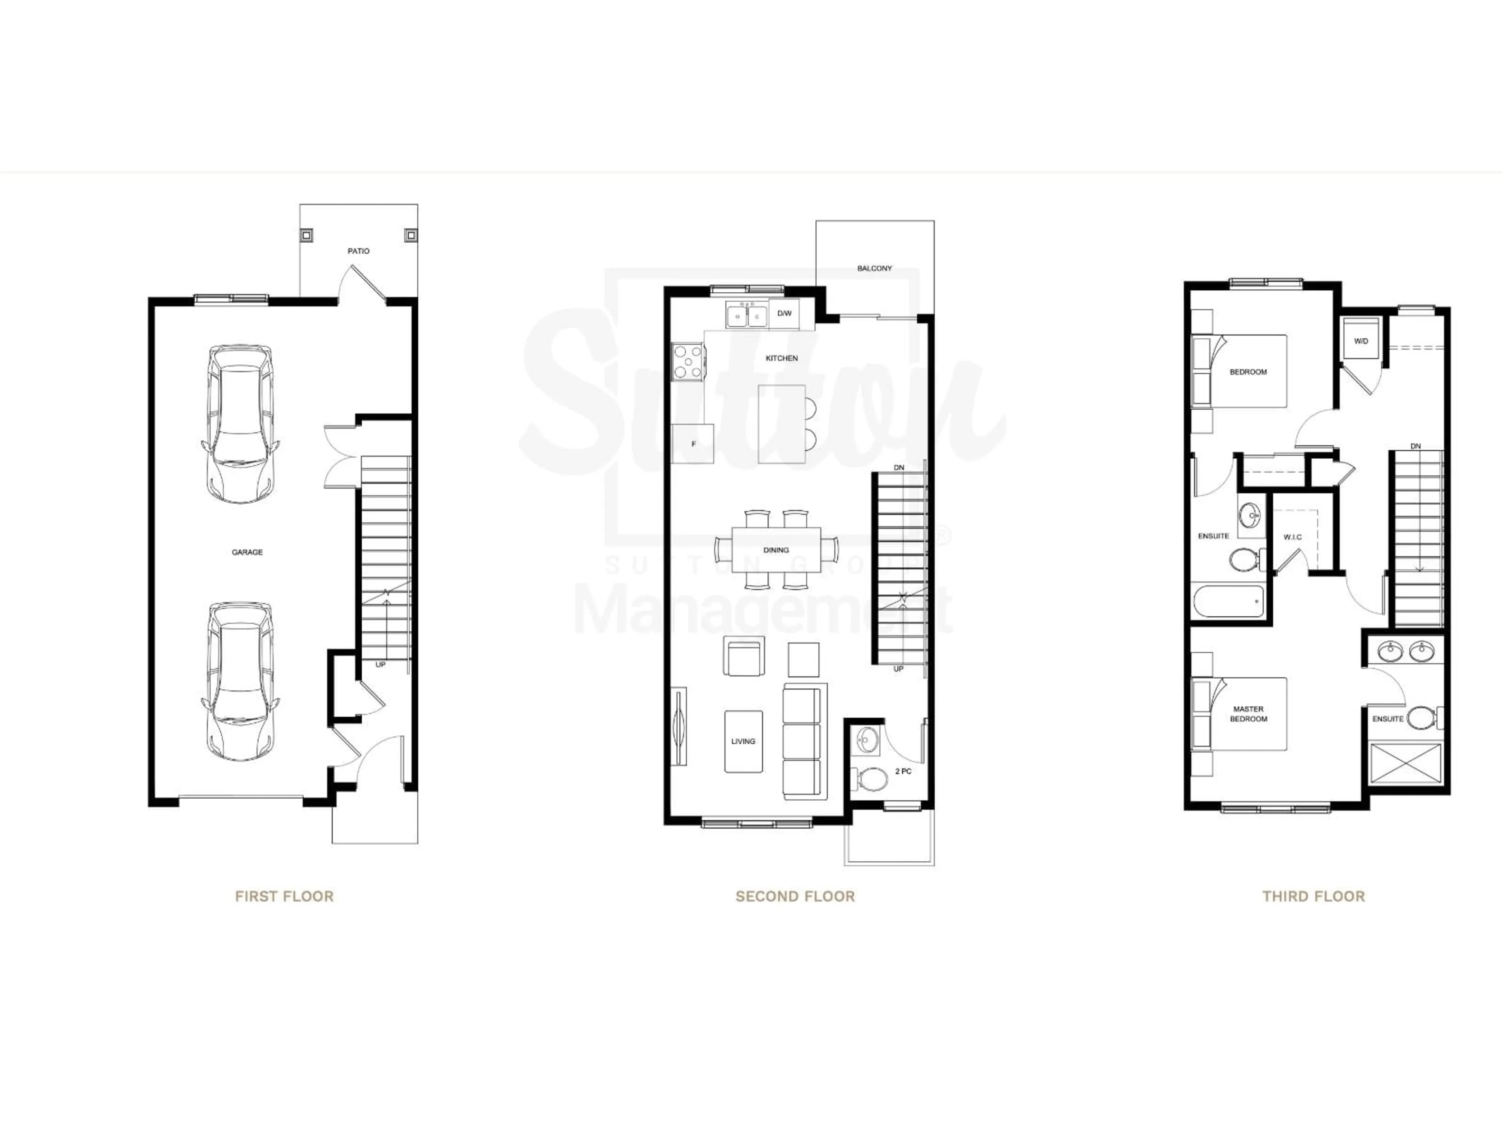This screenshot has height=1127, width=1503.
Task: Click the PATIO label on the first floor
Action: point(358,251)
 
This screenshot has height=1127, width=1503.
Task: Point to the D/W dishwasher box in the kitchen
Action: point(784,314)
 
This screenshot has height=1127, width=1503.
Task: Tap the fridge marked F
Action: point(693,444)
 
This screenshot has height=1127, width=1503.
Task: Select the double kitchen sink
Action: point(746,316)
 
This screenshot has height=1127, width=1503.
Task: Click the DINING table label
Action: point(775,550)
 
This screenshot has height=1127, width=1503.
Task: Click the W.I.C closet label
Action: point(1292,537)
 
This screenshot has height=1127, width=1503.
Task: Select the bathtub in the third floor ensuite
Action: point(1229,601)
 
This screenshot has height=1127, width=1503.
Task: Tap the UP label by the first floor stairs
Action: point(380,664)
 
